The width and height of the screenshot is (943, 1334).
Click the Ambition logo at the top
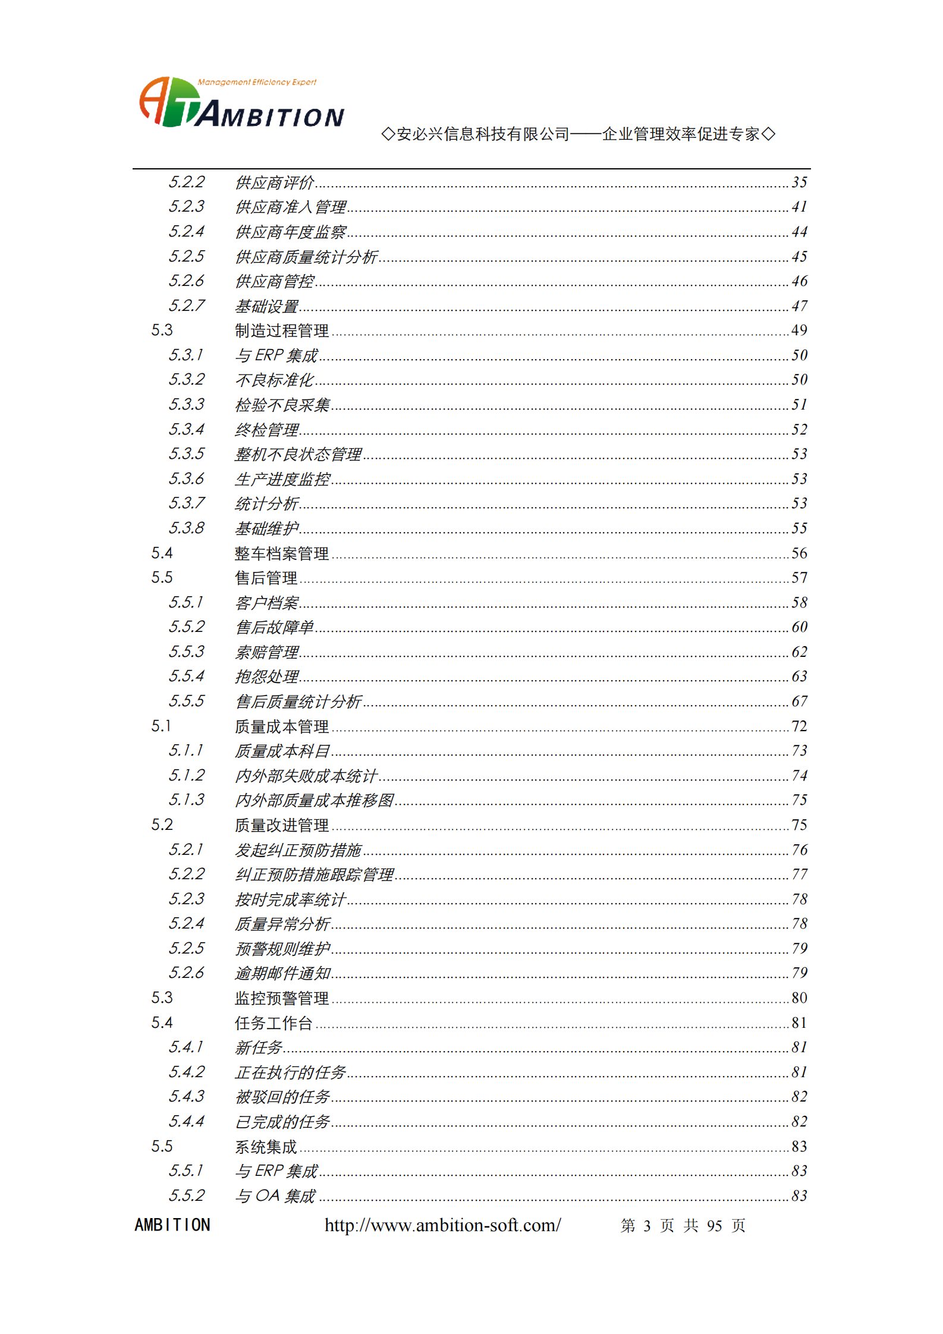241,104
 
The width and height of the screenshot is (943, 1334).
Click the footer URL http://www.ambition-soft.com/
442,1225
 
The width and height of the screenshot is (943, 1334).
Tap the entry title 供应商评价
274,183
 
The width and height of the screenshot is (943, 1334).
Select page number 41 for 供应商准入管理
799,207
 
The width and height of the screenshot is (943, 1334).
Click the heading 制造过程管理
281,331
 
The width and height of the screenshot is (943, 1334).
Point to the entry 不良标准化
274,380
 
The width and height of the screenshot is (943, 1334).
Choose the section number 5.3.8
186,528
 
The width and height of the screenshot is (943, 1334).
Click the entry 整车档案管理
281,553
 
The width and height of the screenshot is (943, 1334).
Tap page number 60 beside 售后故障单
799,627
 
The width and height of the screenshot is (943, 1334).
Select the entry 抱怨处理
266,677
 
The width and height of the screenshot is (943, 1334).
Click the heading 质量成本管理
281,726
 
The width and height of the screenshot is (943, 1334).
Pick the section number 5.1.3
186,800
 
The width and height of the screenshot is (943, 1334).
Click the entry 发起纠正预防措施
298,850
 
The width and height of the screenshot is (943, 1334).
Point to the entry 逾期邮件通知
282,973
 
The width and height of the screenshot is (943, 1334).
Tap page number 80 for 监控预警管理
799,998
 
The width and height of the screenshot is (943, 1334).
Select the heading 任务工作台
273,1023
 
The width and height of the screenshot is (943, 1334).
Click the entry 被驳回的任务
282,1097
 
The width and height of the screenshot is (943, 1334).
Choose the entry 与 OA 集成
275,1196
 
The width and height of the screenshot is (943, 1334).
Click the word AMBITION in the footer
172,1225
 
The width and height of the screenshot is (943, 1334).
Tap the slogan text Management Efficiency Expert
257,82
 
